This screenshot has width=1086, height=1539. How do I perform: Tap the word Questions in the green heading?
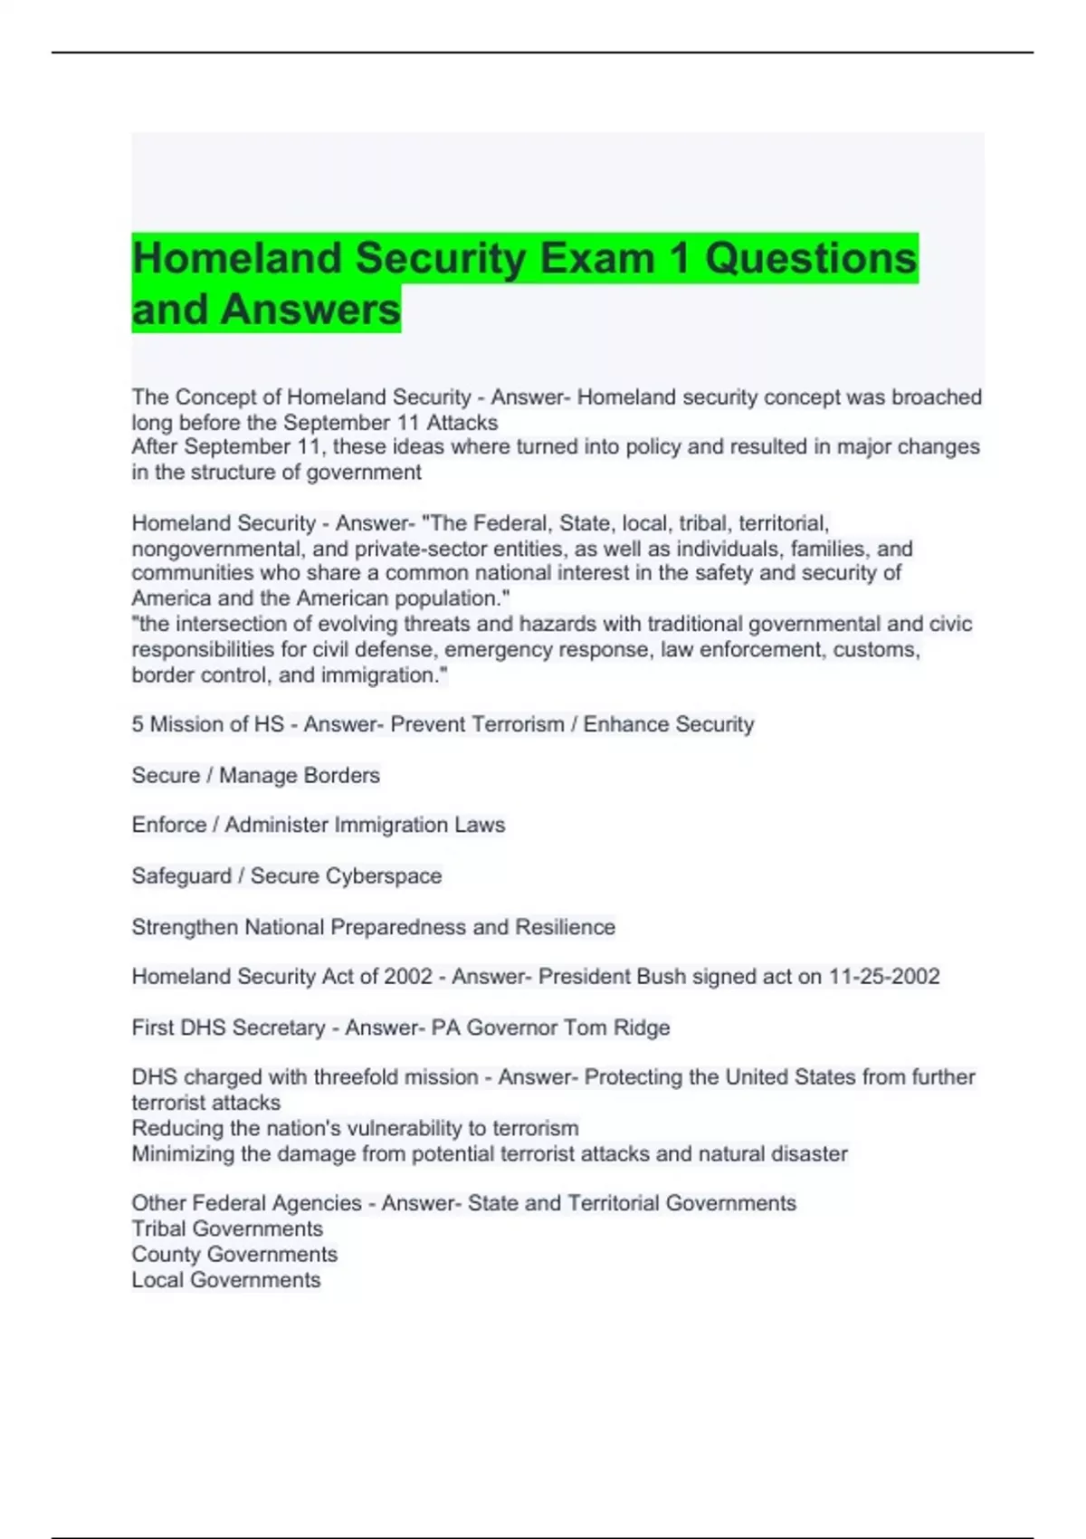click(x=811, y=259)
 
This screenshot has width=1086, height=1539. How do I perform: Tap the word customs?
click(x=876, y=650)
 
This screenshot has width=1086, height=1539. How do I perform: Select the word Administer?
click(x=277, y=826)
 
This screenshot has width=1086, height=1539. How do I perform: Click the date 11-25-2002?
click(x=884, y=977)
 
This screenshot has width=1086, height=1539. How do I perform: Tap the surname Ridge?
click(x=642, y=1028)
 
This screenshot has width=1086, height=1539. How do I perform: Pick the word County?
click(x=166, y=1255)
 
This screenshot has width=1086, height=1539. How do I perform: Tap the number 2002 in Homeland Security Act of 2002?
click(x=408, y=977)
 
